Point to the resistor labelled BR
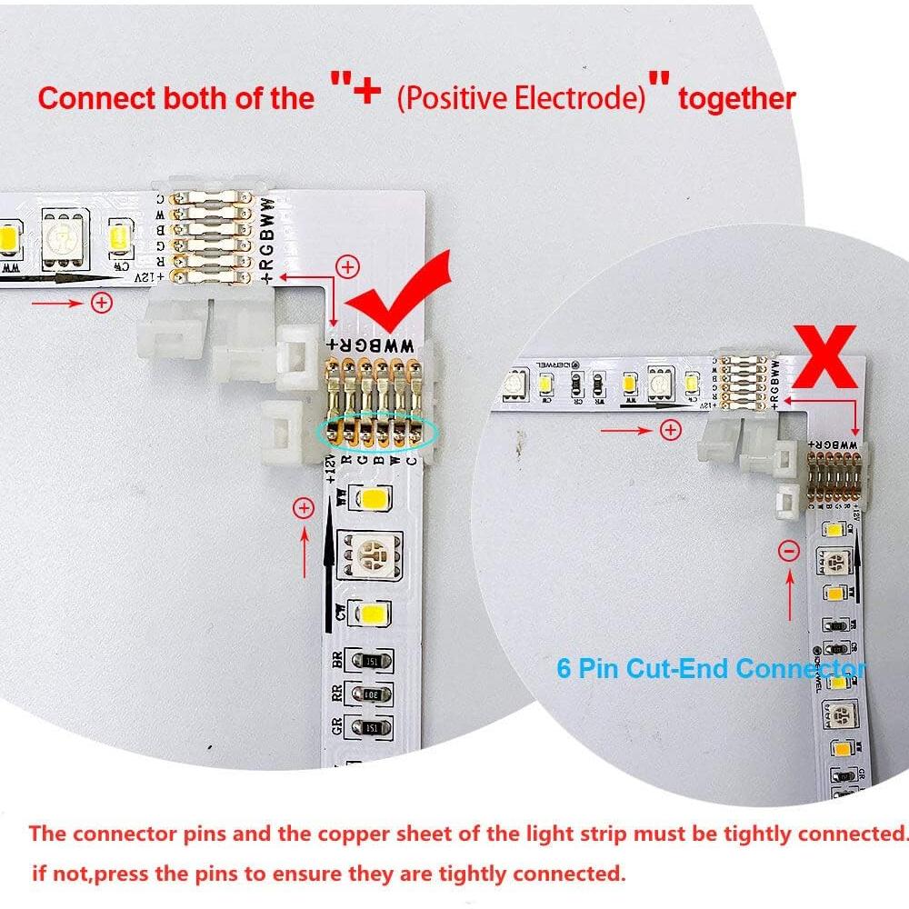point(370,662)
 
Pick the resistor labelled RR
point(370,694)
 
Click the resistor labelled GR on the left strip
point(370,727)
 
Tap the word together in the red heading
point(737,98)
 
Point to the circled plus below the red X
point(671,429)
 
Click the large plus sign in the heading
point(365,92)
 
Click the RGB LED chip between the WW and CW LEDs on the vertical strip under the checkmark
point(369,554)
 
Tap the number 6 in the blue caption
point(564,669)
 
